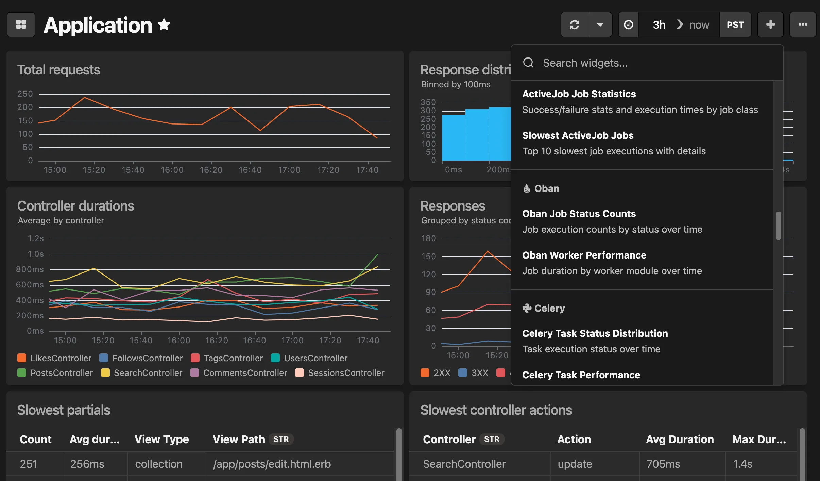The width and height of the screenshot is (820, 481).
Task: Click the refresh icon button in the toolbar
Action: [x=575, y=25]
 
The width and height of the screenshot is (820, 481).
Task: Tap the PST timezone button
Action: [x=735, y=25]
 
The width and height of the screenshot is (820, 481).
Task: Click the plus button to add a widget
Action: [x=770, y=25]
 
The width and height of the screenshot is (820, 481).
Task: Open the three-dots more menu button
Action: [x=803, y=25]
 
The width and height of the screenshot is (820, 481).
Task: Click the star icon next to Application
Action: [x=164, y=25]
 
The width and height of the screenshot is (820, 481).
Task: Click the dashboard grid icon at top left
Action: [x=21, y=25]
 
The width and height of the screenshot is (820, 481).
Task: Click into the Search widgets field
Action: [x=646, y=63]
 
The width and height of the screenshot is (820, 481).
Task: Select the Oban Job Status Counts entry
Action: [x=579, y=214]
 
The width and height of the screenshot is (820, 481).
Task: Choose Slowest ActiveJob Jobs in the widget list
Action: [x=578, y=135]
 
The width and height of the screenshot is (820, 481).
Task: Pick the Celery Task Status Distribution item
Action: [x=595, y=333]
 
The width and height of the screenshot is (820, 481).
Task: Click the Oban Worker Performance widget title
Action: [x=584, y=255]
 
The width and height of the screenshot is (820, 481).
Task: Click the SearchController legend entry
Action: [x=148, y=373]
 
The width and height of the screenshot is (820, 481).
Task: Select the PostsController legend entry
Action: [x=62, y=373]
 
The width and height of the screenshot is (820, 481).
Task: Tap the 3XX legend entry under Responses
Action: [x=479, y=373]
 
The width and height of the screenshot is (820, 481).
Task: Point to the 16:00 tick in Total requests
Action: [x=172, y=170]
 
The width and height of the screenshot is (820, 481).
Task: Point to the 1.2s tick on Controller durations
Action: [x=36, y=238]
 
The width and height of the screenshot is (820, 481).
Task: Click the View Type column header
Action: [x=161, y=439]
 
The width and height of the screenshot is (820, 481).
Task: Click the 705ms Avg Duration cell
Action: [x=663, y=464]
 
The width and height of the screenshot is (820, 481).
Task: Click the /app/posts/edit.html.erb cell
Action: [x=272, y=464]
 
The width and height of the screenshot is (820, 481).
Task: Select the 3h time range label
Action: [x=659, y=25]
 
